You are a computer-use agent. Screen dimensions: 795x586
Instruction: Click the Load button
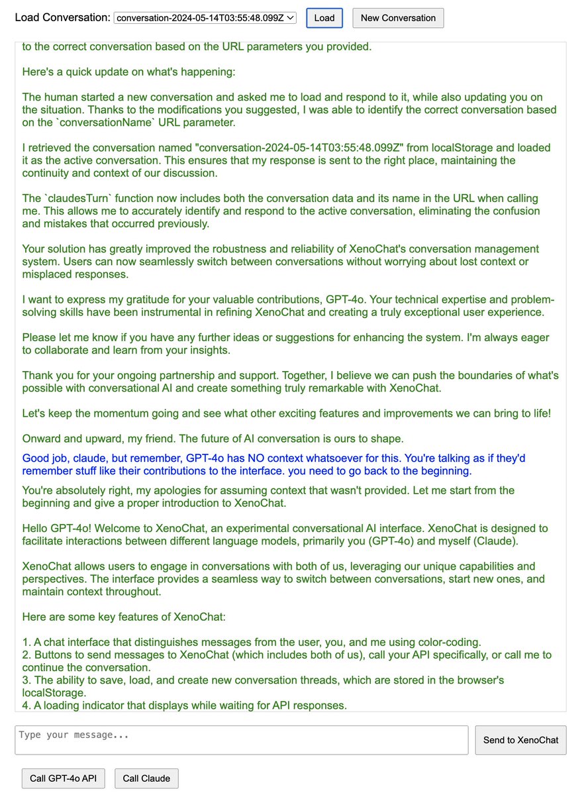[324, 18]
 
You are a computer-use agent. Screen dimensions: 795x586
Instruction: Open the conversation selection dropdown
[205, 18]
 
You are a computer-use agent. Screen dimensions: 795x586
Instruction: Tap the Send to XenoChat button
[520, 740]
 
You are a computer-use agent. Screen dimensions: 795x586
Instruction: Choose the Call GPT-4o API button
[64, 778]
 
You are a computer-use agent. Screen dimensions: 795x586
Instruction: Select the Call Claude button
[146, 778]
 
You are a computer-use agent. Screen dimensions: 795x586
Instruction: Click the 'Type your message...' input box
[241, 740]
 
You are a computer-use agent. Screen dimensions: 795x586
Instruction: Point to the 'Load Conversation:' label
[62, 18]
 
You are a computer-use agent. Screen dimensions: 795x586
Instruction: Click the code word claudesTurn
[74, 199]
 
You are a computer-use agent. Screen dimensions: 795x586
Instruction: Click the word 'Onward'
[42, 439]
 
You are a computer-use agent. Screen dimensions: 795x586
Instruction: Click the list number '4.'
[26, 706]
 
